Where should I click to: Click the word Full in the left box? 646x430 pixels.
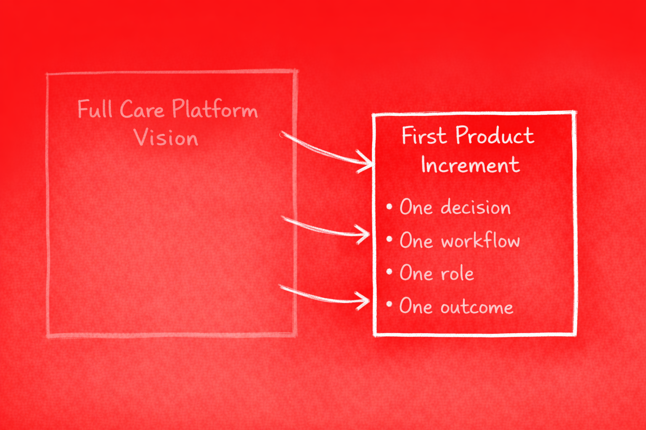[95, 110]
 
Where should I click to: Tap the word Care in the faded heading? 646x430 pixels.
[142, 110]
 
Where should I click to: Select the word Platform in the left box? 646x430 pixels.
[214, 110]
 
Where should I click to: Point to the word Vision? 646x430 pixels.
[166, 138]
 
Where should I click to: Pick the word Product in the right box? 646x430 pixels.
[495, 136]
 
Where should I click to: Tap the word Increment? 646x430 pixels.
[470, 165]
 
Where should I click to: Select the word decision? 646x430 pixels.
[475, 207]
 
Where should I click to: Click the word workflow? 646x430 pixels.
[480, 241]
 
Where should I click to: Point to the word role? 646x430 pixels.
[457, 274]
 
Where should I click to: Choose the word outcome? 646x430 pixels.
[477, 307]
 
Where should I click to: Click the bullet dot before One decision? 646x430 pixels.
[389, 206]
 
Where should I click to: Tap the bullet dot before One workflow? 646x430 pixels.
[389, 239]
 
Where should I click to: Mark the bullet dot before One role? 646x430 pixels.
[389, 272]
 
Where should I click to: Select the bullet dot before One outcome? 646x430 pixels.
[389, 304]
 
